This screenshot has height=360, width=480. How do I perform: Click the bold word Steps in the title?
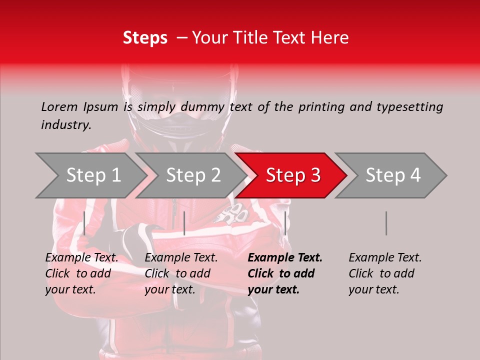tap(145, 38)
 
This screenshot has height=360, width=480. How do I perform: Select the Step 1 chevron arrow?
tap(90, 175)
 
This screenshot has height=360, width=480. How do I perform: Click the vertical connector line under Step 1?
tap(84, 223)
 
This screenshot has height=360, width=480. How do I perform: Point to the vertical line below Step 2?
tap(184, 223)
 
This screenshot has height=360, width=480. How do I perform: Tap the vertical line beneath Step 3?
tap(285, 223)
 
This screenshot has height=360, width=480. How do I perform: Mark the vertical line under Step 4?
tap(386, 223)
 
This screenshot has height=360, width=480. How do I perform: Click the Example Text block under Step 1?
tap(81, 273)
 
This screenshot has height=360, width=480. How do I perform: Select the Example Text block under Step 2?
tap(181, 273)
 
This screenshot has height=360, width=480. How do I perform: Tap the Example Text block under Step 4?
tap(385, 273)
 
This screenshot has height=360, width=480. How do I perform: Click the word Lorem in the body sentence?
tap(58, 107)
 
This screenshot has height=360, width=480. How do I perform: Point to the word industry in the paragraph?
tap(65, 125)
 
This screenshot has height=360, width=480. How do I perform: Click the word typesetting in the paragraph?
tap(410, 107)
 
